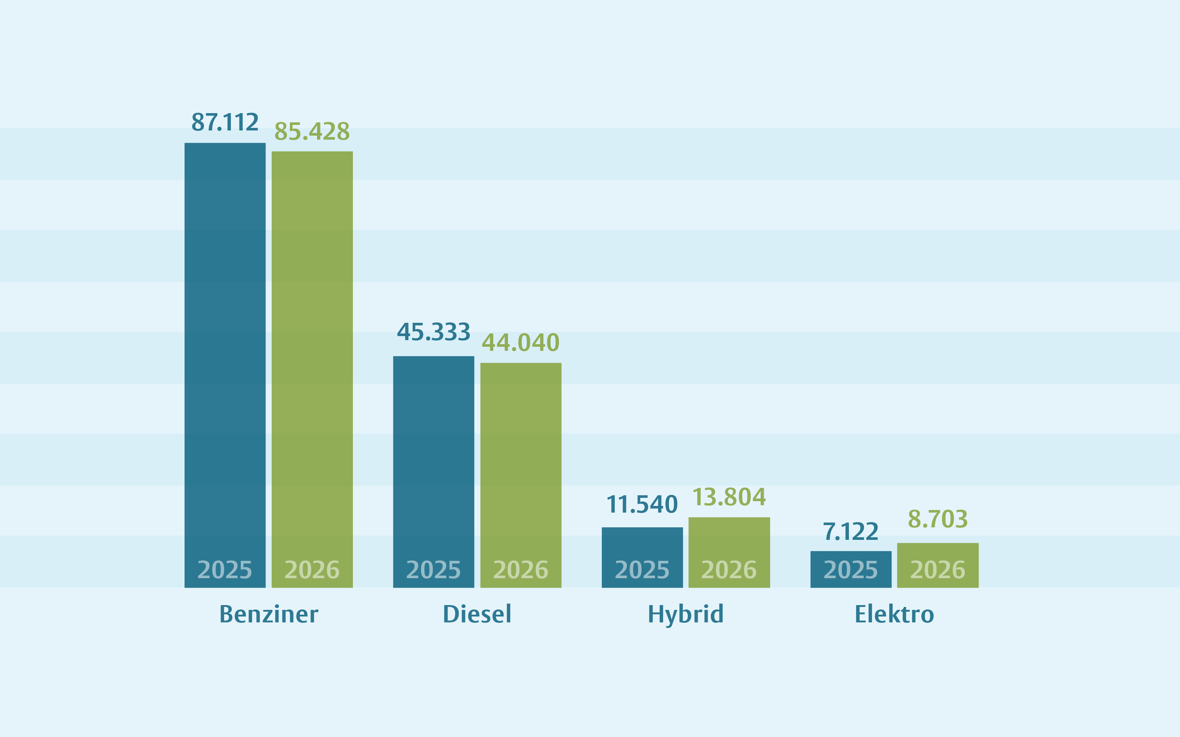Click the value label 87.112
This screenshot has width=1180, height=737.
pos(225,122)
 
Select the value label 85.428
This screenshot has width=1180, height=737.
pos(312,131)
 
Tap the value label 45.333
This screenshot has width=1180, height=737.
pos(434,332)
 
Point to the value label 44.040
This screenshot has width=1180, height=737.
pos(520,342)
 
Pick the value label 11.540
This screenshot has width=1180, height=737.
pos(642,504)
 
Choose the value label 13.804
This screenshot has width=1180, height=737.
pos(729,497)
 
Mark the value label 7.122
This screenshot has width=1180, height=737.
pos(850,531)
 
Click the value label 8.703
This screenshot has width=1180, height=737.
pos(938,519)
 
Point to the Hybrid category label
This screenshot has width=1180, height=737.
pos(686,614)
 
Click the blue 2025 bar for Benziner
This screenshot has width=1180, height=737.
pos(225,341)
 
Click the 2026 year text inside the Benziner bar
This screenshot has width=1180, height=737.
pos(312,570)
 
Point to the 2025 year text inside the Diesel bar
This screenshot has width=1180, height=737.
pos(434,570)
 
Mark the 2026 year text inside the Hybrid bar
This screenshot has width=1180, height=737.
pos(729,570)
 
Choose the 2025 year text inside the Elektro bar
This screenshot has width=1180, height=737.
pos(850,570)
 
